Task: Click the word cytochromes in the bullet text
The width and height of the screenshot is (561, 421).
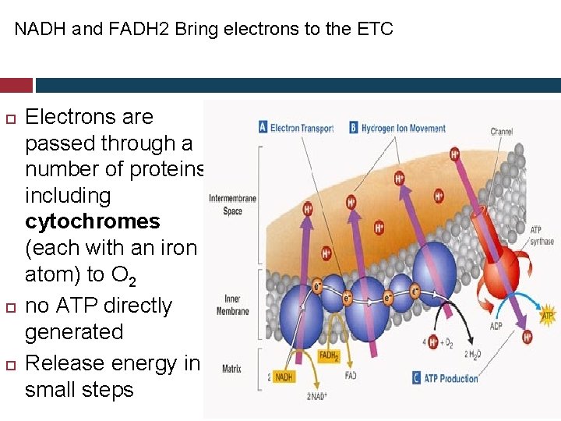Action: pos(92,221)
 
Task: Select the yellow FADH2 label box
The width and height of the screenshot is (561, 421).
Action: pos(328,356)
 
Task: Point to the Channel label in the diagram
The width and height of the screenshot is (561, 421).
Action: pos(501,132)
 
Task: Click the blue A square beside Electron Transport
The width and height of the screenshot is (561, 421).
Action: pos(263,128)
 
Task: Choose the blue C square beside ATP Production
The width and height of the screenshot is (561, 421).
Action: pos(417,379)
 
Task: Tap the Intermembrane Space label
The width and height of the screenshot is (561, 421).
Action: pos(232,204)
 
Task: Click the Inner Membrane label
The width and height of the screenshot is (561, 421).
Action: pos(232,305)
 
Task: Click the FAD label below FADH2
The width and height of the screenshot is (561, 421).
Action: pos(351,375)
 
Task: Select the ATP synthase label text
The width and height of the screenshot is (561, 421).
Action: pos(542,235)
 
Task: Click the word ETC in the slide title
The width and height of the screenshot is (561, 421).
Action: pos(376,30)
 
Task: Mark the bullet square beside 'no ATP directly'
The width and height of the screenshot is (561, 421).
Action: pos(10,306)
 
